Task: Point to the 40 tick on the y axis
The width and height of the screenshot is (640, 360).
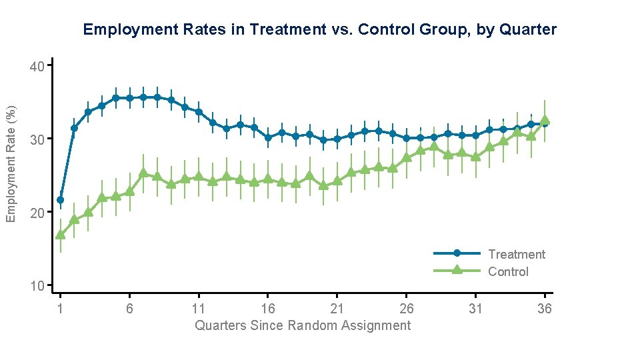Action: [x=37, y=67]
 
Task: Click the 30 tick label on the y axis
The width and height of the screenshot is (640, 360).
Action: [x=37, y=139]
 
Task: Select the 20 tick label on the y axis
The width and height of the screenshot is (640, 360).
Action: [x=37, y=213]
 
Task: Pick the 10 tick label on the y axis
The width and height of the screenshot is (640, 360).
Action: [x=37, y=286]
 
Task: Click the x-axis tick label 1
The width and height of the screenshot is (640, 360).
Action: [x=60, y=308]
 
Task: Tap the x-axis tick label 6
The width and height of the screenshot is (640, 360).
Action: [x=129, y=308]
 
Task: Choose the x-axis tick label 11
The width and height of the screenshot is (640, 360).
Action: [x=199, y=308]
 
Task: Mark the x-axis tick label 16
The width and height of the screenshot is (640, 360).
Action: [x=267, y=308]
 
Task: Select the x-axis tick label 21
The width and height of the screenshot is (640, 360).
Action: [x=337, y=308]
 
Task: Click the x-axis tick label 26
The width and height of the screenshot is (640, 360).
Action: [x=406, y=308]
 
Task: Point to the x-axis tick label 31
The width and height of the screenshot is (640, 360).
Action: [x=475, y=308]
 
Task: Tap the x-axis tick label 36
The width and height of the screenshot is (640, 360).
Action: [x=545, y=308]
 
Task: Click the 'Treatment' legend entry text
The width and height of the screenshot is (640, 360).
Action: [x=516, y=254]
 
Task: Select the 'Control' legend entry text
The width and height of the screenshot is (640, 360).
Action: [x=508, y=271]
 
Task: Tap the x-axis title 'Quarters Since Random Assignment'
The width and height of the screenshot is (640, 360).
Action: [x=303, y=325]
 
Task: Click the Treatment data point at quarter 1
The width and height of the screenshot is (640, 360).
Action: [x=60, y=199]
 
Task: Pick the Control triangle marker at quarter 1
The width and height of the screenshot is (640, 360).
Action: [x=60, y=235]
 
